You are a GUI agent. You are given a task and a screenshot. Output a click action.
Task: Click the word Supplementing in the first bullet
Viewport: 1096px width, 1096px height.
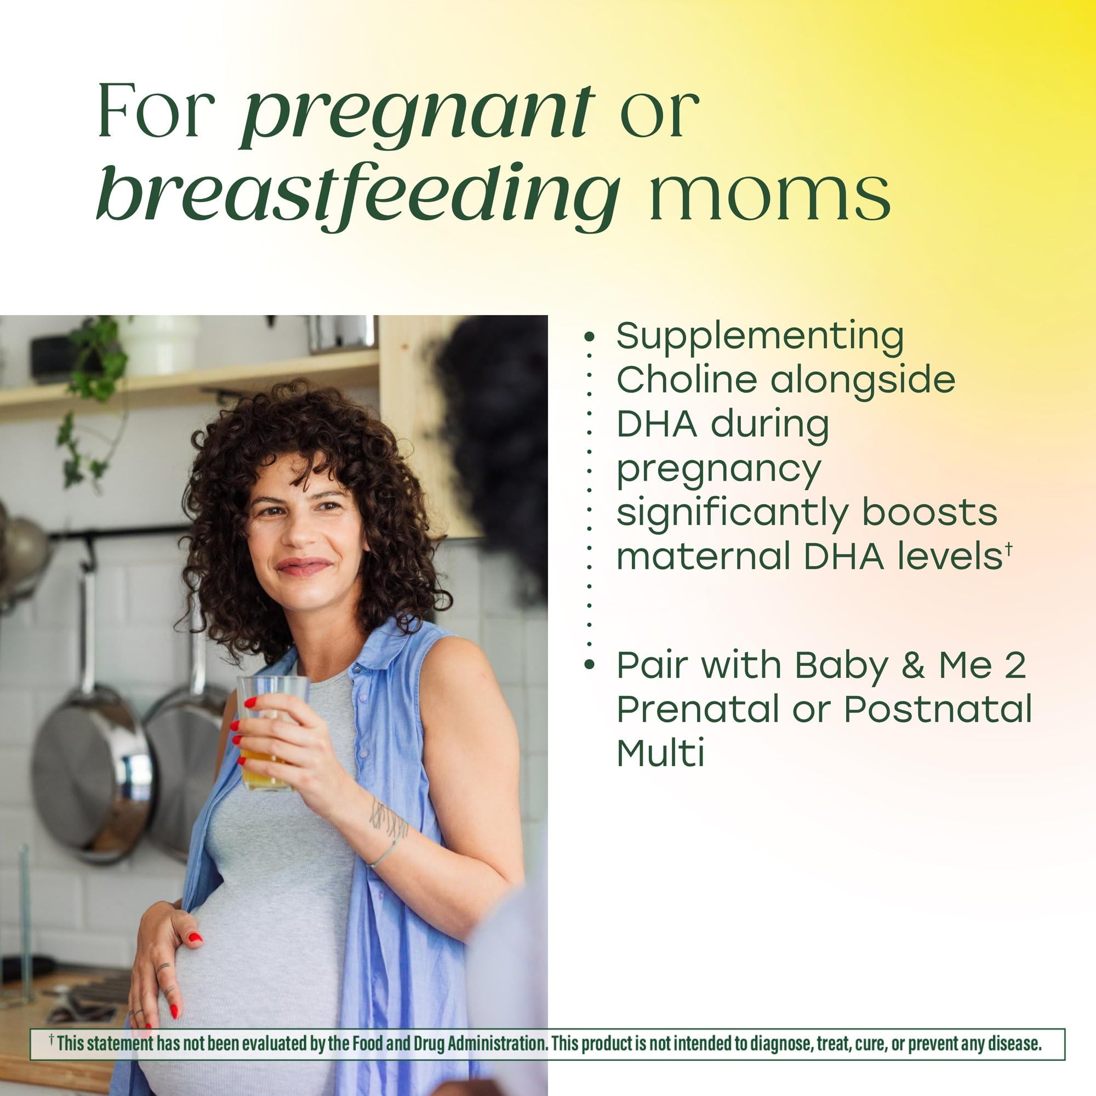click(760, 336)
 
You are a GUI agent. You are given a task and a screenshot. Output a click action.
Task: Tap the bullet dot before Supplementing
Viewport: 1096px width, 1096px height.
click(590, 336)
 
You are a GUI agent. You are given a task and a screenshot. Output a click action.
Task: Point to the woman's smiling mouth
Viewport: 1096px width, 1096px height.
click(304, 566)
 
